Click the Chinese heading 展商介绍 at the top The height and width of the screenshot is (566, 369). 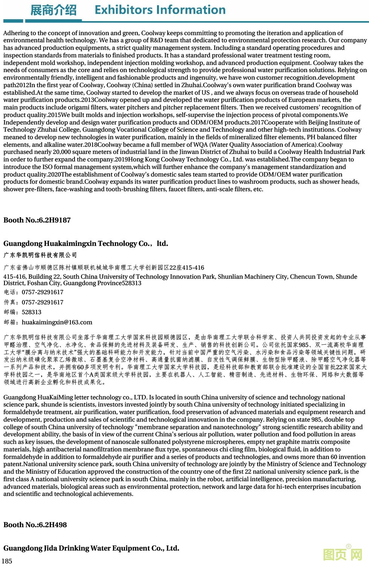coord(53,10)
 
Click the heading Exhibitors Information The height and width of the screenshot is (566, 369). coord(160,10)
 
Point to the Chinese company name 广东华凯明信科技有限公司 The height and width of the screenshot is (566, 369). coord(40,255)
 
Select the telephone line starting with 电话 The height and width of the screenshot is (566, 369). coord(34,292)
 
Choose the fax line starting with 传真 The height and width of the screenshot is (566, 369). coord(34,302)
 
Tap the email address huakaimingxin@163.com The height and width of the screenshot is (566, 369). coord(57,322)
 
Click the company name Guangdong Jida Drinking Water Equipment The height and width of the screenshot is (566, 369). coord(91,548)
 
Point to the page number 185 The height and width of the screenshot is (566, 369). coord(7,561)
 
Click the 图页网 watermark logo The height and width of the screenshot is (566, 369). coord(342,554)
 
